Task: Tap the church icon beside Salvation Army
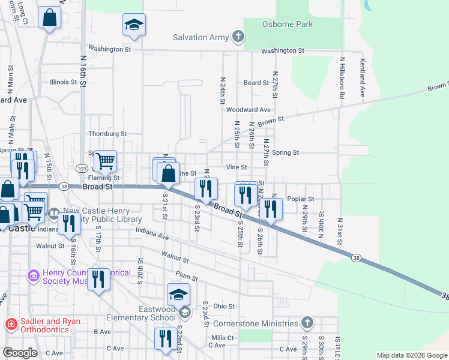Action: [238, 37]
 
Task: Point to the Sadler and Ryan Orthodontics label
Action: [50, 325]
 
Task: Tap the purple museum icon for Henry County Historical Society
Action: [33, 277]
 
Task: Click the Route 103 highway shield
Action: [83, 168]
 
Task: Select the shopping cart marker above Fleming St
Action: [106, 161]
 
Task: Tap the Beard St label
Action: [255, 83]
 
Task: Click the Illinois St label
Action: [63, 82]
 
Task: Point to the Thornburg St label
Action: [107, 134]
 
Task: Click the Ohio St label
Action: [224, 306]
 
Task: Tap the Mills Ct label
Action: [221, 338]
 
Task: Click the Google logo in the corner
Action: [20, 353]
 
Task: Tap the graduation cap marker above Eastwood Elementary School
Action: [178, 295]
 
